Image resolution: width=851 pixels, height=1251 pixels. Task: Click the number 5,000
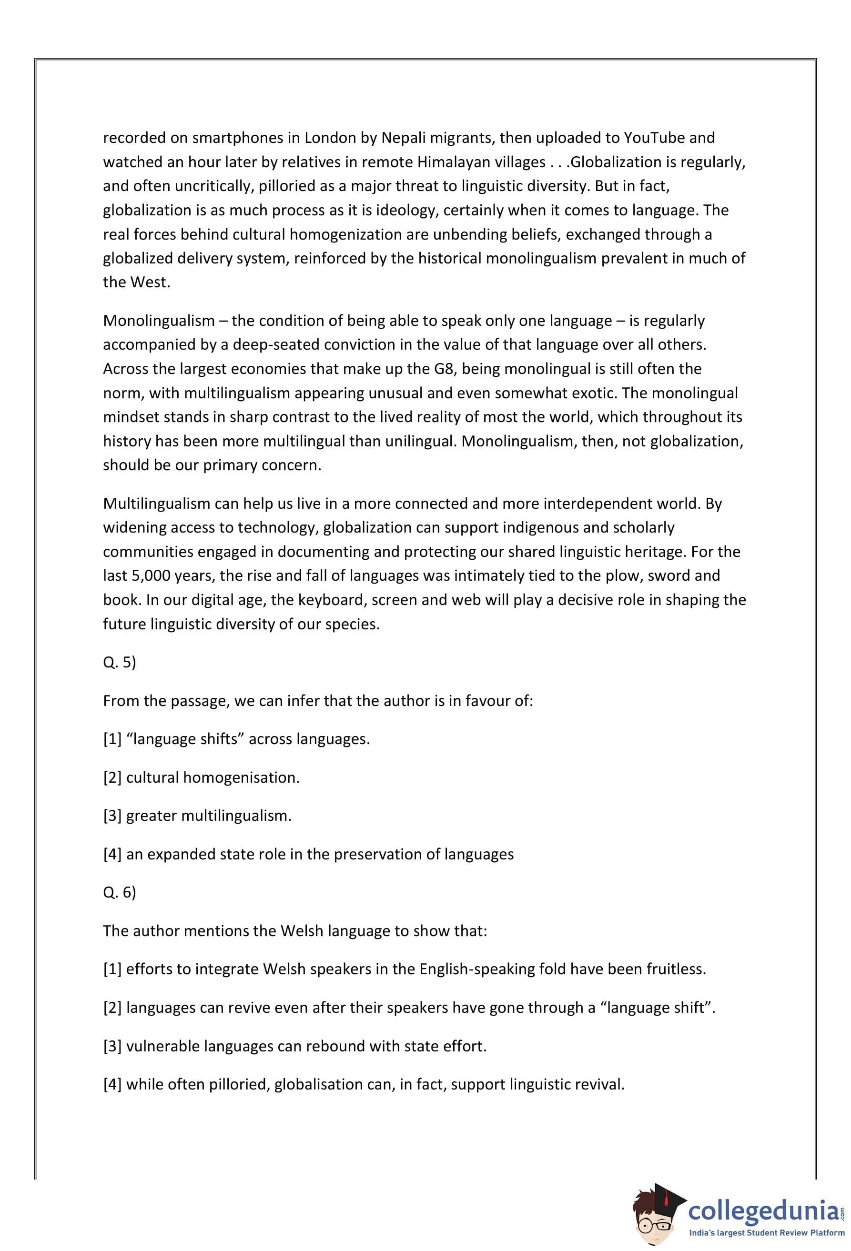[x=149, y=576]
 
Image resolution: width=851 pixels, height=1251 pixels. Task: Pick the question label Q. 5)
[x=120, y=662]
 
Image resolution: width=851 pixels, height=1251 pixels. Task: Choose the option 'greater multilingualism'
[x=209, y=816]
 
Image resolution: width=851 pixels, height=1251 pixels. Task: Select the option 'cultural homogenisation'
[x=213, y=778]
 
